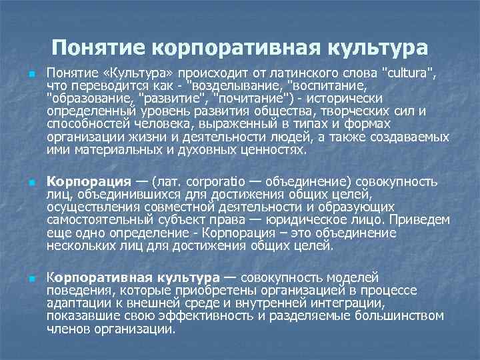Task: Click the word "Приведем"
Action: (x=421, y=220)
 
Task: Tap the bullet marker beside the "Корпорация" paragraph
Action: (x=31, y=182)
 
